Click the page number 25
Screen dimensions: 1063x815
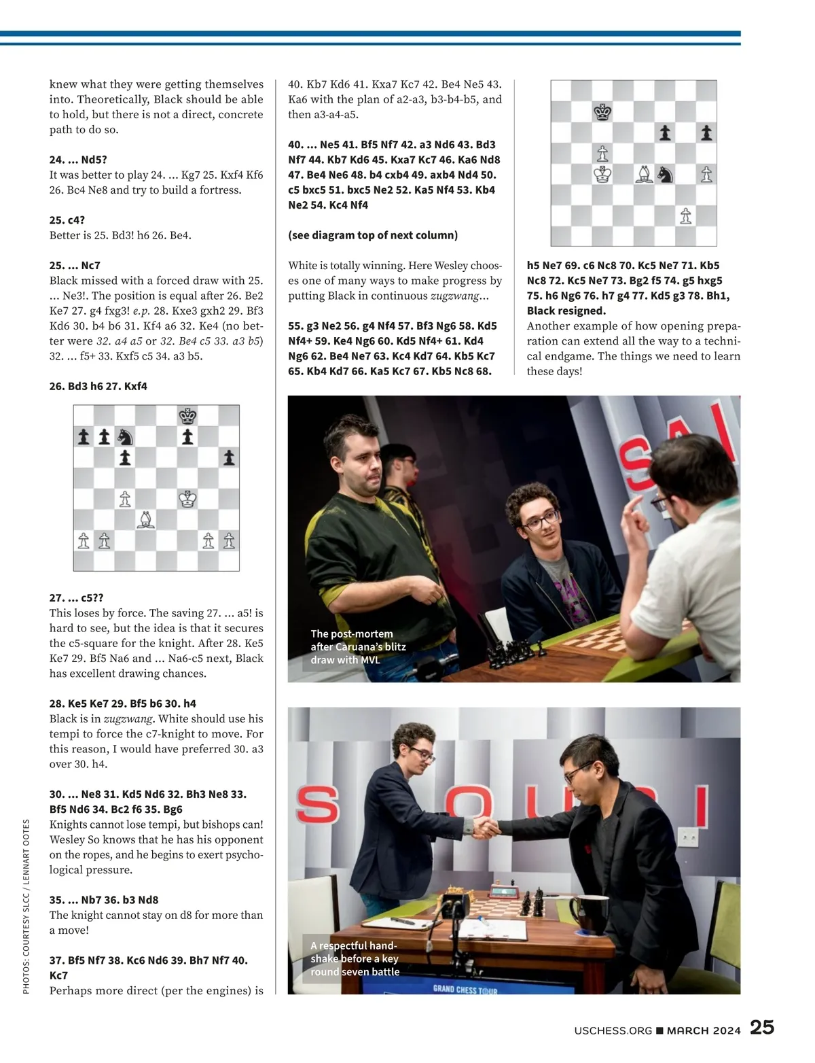tap(762, 1028)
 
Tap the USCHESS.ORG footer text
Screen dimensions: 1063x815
tap(613, 1030)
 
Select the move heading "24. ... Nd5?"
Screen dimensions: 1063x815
tap(78, 160)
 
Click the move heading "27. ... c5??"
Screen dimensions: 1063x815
tap(76, 598)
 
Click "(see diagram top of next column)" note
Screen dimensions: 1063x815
tap(373, 235)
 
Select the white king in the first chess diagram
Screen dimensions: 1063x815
tap(187, 500)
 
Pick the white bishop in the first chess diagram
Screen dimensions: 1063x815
tap(146, 521)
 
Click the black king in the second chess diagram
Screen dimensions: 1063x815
tap(602, 112)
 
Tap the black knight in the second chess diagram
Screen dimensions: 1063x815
tap(666, 175)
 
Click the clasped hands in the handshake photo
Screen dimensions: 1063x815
tap(487, 827)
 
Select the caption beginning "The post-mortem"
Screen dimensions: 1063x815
tap(358, 646)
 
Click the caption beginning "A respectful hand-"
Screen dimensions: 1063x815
tap(355, 958)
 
